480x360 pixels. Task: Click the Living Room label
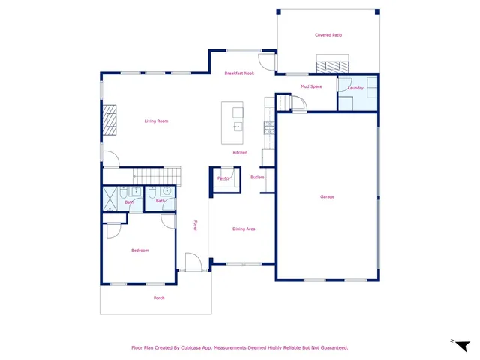point(156,121)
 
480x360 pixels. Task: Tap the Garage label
point(327,196)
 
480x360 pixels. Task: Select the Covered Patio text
point(328,35)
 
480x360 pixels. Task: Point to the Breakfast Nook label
point(240,73)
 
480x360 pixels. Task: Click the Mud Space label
point(311,86)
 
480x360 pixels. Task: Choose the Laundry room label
point(355,88)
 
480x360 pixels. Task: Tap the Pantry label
point(223,178)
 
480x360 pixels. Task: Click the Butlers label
point(257,177)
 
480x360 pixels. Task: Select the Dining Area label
point(244,229)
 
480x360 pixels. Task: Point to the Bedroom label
point(140,250)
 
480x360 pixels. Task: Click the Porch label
point(159,298)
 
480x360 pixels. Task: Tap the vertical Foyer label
point(196,225)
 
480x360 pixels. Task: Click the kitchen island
point(232,124)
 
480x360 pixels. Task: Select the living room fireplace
point(109,119)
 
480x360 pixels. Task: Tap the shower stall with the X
point(112,199)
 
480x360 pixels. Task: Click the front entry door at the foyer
point(192,262)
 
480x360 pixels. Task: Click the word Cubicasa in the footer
point(196,347)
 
